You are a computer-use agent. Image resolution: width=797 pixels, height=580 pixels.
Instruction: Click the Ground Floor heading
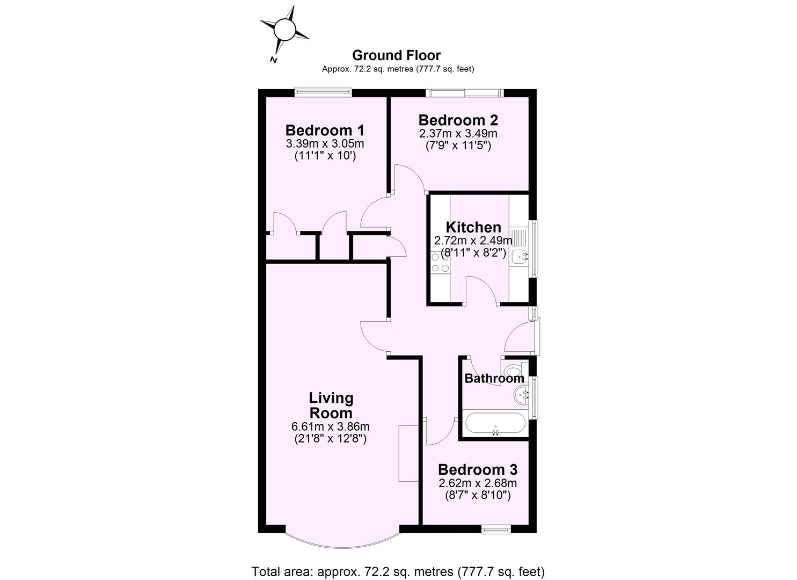[x=396, y=55]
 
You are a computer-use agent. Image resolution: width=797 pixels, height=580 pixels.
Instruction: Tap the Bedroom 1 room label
[x=325, y=130]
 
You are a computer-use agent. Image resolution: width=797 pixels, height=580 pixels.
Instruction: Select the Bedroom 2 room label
[x=458, y=120]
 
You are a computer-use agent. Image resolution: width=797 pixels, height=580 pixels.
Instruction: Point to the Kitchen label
[x=473, y=227]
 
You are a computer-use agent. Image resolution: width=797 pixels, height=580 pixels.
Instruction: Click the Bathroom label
[x=494, y=378]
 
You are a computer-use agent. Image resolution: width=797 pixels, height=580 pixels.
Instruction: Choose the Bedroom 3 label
[x=477, y=469]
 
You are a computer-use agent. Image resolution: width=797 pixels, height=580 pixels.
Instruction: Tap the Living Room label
[x=331, y=405]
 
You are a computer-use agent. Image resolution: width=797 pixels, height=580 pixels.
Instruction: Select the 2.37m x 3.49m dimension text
[x=458, y=133]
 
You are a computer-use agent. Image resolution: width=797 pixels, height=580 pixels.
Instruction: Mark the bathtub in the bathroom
[x=495, y=423]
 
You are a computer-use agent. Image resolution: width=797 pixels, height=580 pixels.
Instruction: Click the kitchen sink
[x=520, y=257]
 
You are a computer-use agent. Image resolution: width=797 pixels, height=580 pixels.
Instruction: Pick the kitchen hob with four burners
[x=440, y=263]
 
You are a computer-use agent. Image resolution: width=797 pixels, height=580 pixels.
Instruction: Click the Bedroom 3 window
[x=495, y=530]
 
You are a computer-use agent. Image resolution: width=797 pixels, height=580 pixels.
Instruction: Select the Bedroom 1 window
[x=323, y=92]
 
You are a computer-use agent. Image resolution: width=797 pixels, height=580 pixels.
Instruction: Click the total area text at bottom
[x=398, y=571]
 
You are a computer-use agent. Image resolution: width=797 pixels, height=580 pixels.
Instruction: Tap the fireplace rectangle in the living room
[x=408, y=452]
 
